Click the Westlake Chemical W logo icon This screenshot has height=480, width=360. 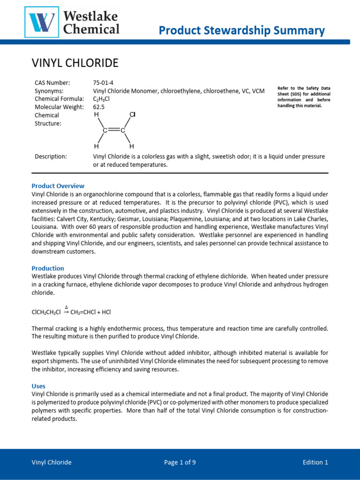pyautogui.click(x=42, y=22)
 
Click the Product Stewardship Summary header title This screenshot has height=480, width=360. pyautogui.click(x=241, y=31)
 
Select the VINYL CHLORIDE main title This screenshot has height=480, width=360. pyautogui.click(x=75, y=63)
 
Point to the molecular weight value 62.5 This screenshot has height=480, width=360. pyautogui.click(x=98, y=106)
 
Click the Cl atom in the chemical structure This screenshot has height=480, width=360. pyautogui.click(x=132, y=114)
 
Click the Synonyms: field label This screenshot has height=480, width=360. pyautogui.click(x=49, y=90)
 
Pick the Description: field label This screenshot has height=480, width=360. pyautogui.click(x=51, y=156)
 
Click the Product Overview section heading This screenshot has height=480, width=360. pyautogui.click(x=58, y=186)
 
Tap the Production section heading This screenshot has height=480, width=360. pyautogui.click(x=48, y=268)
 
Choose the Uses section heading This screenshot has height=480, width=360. pyautogui.click(x=38, y=386)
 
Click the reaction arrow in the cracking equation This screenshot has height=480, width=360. pyautogui.click(x=66, y=311)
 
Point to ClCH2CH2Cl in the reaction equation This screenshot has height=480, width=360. pyautogui.click(x=46, y=312)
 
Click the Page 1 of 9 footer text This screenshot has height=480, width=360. pyautogui.click(x=180, y=462)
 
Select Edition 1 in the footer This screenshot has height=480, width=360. pyautogui.click(x=315, y=462)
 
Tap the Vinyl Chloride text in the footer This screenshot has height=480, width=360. pyautogui.click(x=52, y=462)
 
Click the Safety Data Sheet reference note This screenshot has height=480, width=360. pyautogui.click(x=304, y=97)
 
